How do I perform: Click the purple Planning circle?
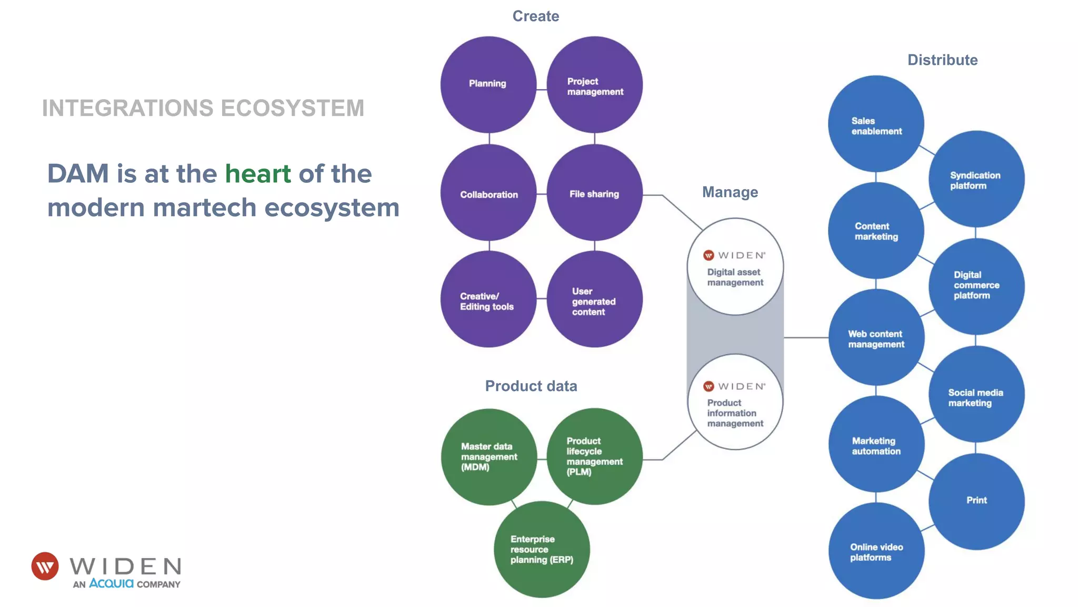pos(488,84)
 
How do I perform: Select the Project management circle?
pos(594,84)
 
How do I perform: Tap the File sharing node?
pos(594,193)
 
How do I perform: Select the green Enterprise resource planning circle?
pos(542,550)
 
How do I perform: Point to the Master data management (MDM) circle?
pos(488,457)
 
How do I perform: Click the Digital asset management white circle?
pos(735,267)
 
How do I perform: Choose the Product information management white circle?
pos(735,402)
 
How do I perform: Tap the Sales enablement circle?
pos(876,124)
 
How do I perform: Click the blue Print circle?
pos(976,501)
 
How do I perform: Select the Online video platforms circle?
pos(876,551)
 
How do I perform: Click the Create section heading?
pos(535,16)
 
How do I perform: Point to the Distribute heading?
pos(942,60)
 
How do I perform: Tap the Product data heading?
pos(531,386)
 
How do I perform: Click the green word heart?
pos(258,174)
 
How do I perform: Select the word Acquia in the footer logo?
pos(111,583)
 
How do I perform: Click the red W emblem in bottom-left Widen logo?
pos(45,566)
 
